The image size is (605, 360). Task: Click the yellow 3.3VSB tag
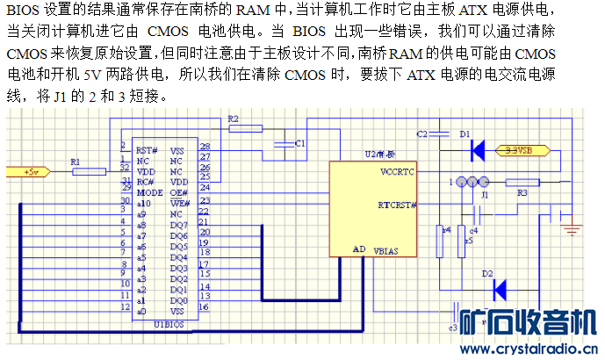pyautogui.click(x=523, y=150)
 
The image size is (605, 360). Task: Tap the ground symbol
pyautogui.click(x=572, y=230)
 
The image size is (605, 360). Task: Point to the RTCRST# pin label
pyautogui.click(x=398, y=206)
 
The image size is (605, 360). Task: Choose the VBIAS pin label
pyautogui.click(x=385, y=251)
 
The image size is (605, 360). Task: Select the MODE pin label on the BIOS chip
pyautogui.click(x=150, y=191)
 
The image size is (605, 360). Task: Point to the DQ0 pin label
pyautogui.click(x=178, y=299)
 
